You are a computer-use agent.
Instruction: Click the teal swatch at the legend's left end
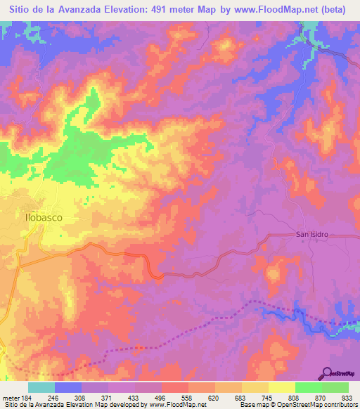[x=41, y=387]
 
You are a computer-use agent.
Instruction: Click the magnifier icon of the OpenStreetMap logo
[x=325, y=373]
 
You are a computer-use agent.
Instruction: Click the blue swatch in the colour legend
[x=68, y=387]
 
